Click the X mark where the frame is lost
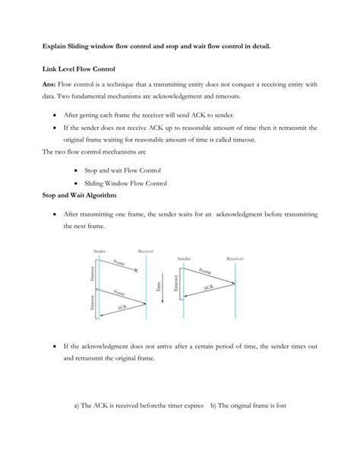click(x=135, y=271)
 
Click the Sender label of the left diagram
click(x=99, y=250)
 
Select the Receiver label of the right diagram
click(x=235, y=258)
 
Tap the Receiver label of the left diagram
click(x=145, y=250)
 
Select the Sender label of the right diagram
click(x=185, y=258)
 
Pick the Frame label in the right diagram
click(x=205, y=271)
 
